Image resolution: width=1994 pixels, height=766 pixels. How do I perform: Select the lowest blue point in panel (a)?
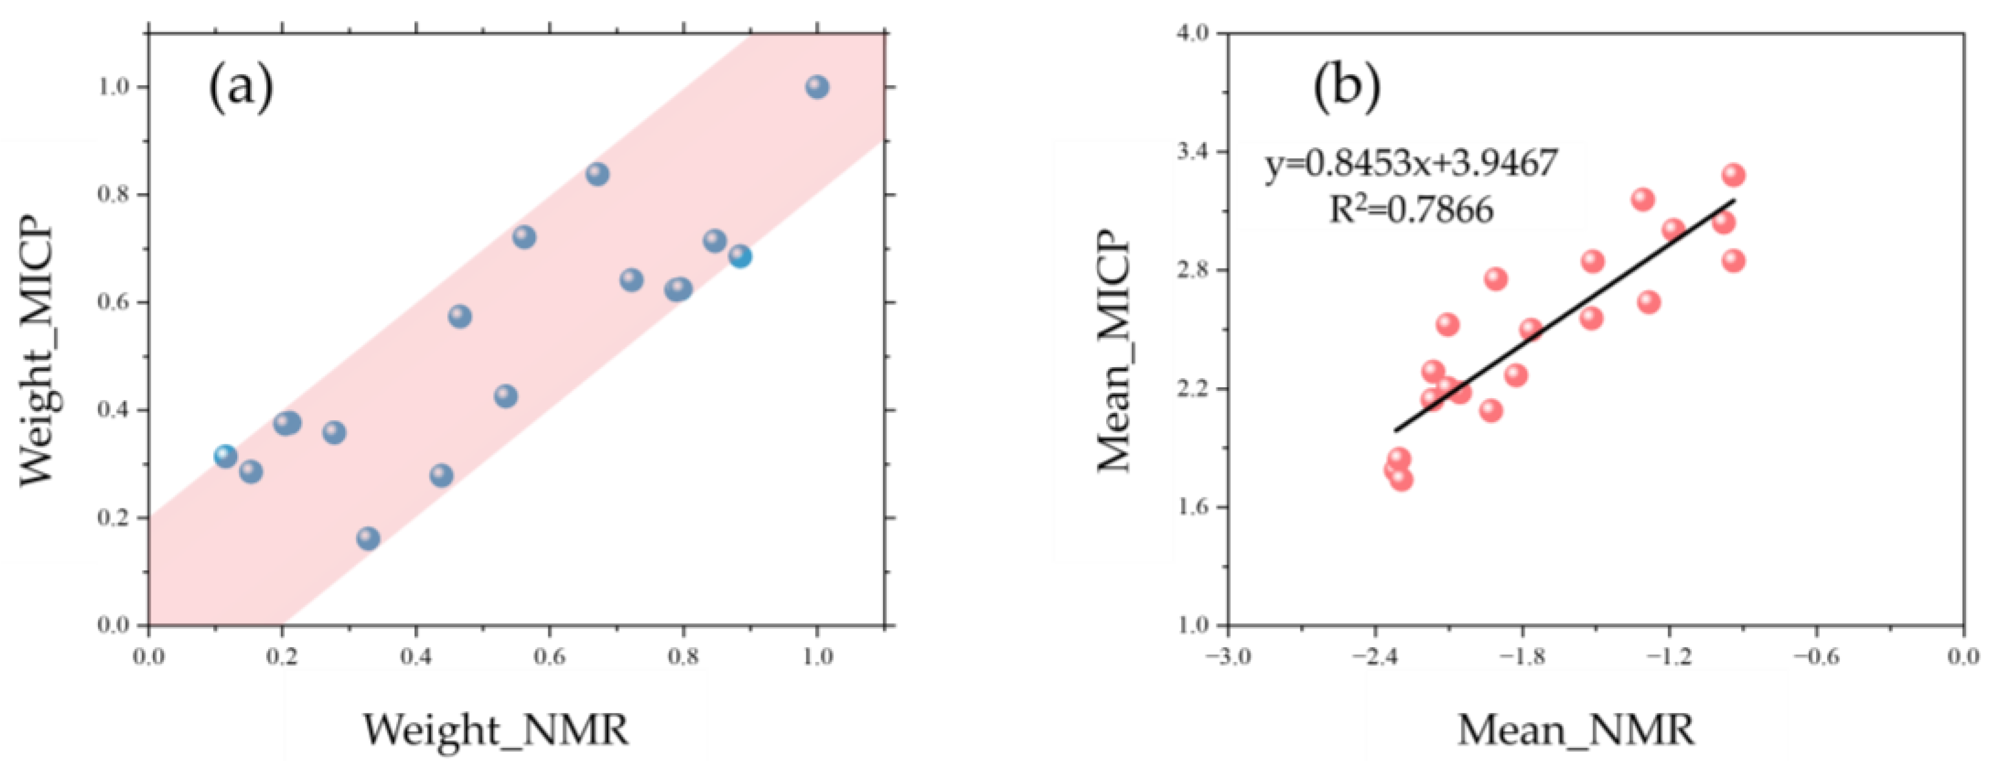click(369, 538)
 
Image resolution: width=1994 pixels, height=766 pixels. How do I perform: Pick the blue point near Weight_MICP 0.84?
click(597, 174)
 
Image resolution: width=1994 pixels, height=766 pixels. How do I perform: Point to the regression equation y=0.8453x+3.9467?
click(1410, 164)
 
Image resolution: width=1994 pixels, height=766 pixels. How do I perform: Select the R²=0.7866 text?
click(1410, 209)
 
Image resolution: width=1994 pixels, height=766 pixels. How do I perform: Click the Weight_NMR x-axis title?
click(496, 729)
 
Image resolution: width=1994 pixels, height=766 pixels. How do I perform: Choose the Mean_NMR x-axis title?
click(1575, 729)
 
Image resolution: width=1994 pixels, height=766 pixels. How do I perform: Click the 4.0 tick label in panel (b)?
click(1193, 33)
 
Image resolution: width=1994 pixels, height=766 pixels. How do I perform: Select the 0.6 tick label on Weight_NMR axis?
click(549, 657)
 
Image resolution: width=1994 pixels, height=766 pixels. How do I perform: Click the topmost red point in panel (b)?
click(1733, 175)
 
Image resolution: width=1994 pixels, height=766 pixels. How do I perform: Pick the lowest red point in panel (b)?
click(1400, 480)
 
